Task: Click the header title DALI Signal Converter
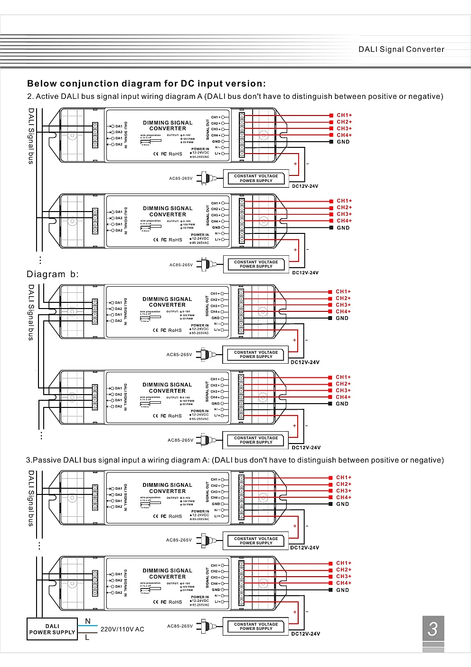point(401,49)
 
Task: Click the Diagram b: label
point(52,274)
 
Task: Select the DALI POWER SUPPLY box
point(52,629)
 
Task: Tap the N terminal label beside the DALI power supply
point(88,621)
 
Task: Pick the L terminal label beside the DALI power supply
point(87,638)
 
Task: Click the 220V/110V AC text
point(122,629)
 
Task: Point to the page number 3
point(433,629)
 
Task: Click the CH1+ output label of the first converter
point(344,116)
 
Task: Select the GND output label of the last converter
point(342,590)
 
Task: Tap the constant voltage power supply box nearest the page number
point(256,627)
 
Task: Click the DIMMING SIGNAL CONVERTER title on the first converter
point(168,126)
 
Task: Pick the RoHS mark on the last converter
point(175,602)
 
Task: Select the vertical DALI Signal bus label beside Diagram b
point(31,312)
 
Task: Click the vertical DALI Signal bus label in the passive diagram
point(31,498)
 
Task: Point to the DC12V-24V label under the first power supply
point(305,186)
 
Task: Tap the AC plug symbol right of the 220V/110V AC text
point(206,626)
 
